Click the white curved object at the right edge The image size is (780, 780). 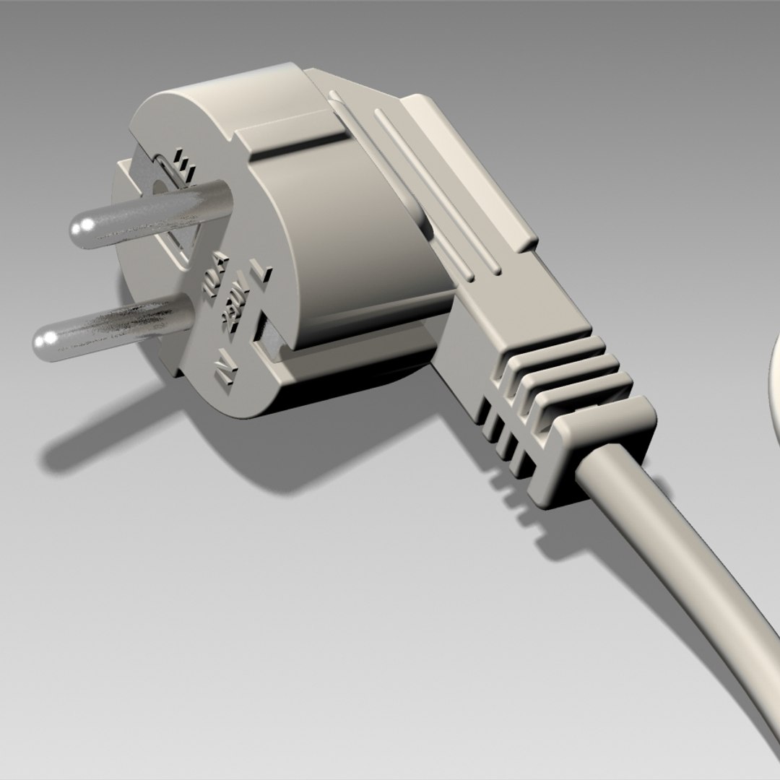771,390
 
